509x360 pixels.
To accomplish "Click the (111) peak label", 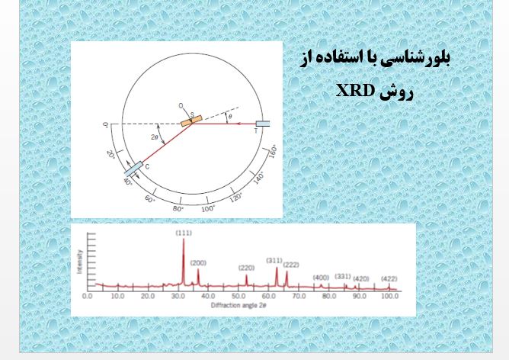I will [x=184, y=233].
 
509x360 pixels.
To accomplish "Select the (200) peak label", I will [x=198, y=262].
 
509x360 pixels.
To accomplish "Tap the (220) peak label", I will [x=246, y=268].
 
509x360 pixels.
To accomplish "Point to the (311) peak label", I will [x=274, y=260].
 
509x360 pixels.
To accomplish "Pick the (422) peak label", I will [x=389, y=278].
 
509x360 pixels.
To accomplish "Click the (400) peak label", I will [x=321, y=277].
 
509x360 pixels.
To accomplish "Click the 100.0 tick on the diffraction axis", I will [x=389, y=294].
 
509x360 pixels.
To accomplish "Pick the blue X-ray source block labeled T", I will [x=263, y=123].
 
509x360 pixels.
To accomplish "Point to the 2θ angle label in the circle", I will [x=155, y=137].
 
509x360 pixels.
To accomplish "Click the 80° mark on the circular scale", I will [x=179, y=208].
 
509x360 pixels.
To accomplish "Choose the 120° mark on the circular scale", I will [x=236, y=198].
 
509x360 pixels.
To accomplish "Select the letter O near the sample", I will [x=180, y=104].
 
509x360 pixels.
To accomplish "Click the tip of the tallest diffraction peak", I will [x=184, y=239].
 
